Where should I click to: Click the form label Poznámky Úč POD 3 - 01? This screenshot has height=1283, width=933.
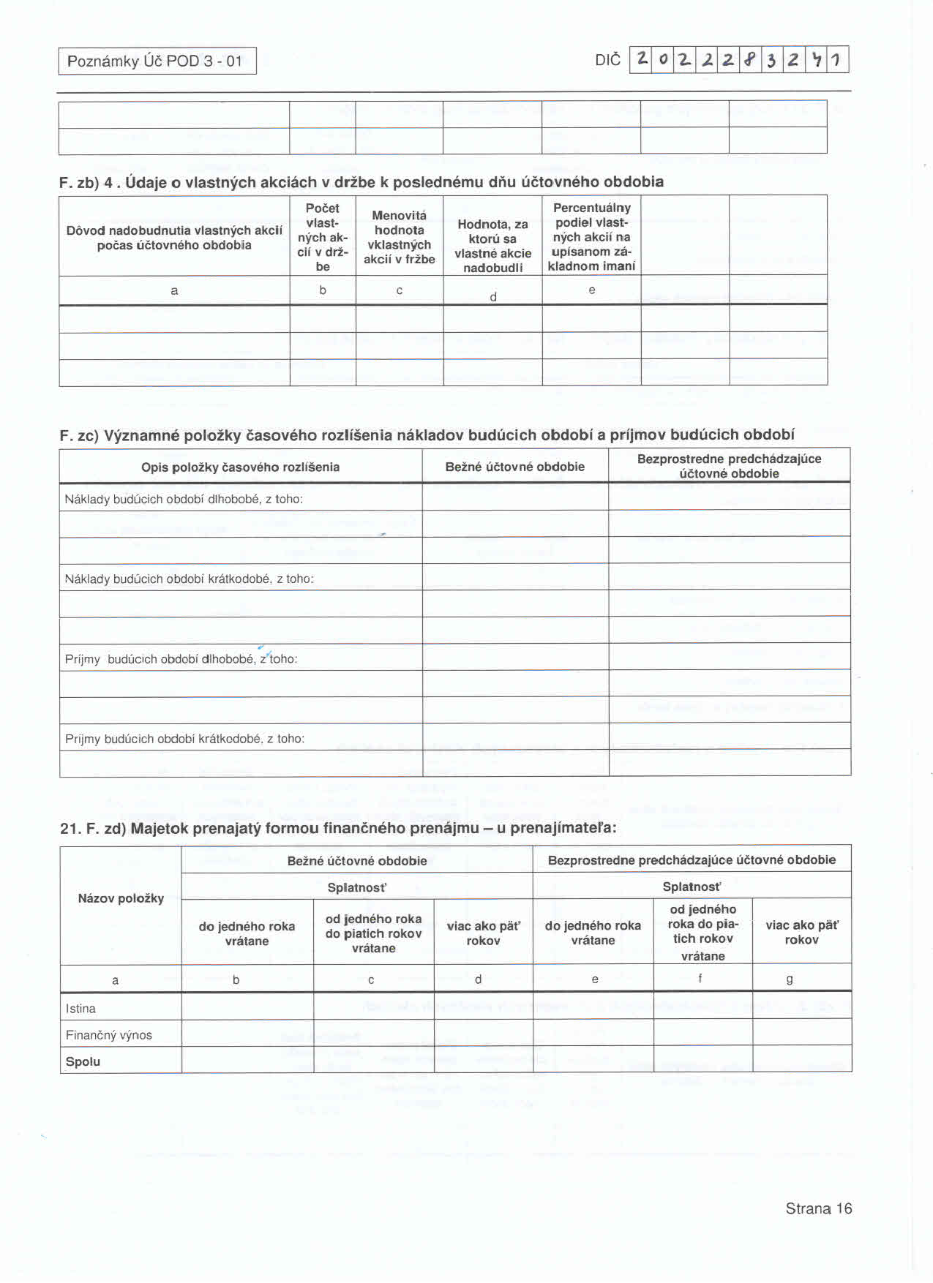(155, 61)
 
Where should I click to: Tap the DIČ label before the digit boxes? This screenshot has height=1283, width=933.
(607, 60)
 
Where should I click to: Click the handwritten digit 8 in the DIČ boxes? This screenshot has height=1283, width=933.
(749, 59)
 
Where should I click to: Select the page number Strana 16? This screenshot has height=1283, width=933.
(818, 1209)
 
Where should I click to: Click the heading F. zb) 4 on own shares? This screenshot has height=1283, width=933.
(361, 182)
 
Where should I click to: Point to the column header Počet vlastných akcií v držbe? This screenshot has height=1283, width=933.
(323, 237)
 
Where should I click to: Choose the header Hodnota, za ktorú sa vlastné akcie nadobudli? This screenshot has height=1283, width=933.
(492, 246)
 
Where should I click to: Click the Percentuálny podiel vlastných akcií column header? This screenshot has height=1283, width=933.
(591, 237)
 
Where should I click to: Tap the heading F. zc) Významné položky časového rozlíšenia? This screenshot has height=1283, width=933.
(427, 435)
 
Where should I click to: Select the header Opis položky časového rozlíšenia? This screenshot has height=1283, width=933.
(240, 467)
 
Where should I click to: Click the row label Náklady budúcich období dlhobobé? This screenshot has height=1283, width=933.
(184, 500)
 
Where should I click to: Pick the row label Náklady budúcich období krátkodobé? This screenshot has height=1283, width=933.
(189, 579)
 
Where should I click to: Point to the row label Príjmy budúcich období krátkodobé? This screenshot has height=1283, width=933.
(184, 740)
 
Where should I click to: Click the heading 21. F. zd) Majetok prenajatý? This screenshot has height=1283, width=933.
(338, 829)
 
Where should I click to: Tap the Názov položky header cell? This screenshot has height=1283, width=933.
(121, 899)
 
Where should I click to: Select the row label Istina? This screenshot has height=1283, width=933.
(80, 1009)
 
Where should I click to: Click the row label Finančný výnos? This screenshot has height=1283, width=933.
(109, 1036)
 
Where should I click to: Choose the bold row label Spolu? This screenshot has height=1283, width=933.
(83, 1062)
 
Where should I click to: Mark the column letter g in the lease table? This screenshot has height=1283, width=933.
(790, 979)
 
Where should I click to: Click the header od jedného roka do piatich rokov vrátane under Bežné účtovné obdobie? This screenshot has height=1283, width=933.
(373, 934)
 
